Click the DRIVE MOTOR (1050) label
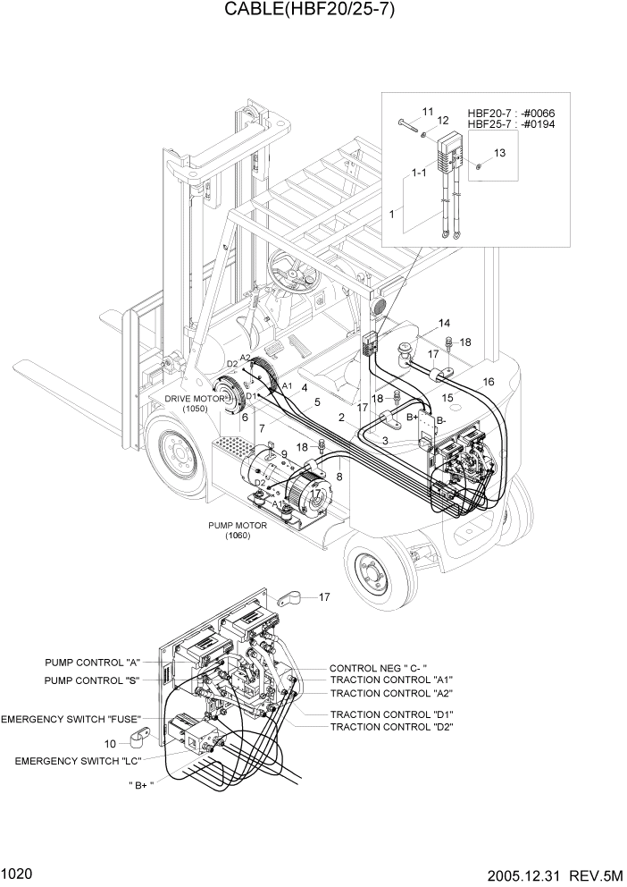pyautogui.click(x=194, y=403)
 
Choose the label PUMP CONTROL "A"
pyautogui.click(x=93, y=663)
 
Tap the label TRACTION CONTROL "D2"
pyautogui.click(x=391, y=727)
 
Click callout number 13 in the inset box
pyautogui.click(x=499, y=153)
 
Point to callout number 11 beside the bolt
pyautogui.click(x=427, y=111)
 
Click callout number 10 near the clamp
pyautogui.click(x=110, y=743)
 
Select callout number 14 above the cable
pyautogui.click(x=444, y=323)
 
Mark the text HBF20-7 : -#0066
pyautogui.click(x=511, y=114)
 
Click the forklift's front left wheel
pyautogui.click(x=179, y=455)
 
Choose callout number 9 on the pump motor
pyautogui.click(x=284, y=453)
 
